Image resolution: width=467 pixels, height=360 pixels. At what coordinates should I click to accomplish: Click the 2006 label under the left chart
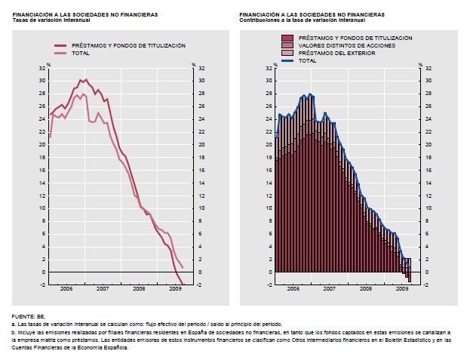pyautogui.click(x=66, y=288)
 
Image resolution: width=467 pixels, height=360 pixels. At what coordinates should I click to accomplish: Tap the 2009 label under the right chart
pyautogui.click(x=401, y=288)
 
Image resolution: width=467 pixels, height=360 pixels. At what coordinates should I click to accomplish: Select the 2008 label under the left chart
pyautogui.click(x=139, y=288)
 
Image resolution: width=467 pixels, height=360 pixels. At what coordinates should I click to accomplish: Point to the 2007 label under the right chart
pyautogui.click(x=329, y=288)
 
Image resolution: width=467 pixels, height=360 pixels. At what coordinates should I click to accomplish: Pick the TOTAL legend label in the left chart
pyautogui.click(x=80, y=54)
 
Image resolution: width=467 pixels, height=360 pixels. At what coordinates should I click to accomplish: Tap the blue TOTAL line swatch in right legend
pyautogui.click(x=287, y=60)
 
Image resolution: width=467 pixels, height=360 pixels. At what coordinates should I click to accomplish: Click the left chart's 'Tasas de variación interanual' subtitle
pyautogui.click(x=51, y=20)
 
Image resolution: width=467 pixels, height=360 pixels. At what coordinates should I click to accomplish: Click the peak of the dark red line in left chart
pyautogui.click(x=81, y=79)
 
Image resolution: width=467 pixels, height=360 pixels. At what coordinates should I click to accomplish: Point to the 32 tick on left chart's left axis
pyautogui.click(x=42, y=68)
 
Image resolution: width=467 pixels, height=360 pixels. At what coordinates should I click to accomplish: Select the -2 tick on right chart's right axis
pyautogui.click(x=429, y=285)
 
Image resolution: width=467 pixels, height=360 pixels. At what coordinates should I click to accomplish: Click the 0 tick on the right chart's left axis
pyautogui.click(x=270, y=272)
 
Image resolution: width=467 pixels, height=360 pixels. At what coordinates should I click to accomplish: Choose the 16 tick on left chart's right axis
pyautogui.click(x=201, y=170)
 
